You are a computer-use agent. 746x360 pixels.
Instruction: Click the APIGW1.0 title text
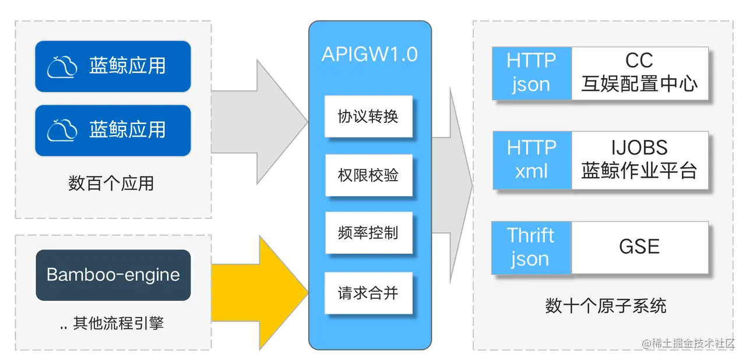click(370, 54)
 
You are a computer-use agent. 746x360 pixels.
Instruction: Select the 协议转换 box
click(368, 117)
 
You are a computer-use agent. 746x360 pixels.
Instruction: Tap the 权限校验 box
click(368, 175)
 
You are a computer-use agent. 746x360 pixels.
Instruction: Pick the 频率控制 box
click(368, 233)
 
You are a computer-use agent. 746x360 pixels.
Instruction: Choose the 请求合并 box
click(368, 292)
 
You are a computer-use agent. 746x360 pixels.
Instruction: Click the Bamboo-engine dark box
click(113, 275)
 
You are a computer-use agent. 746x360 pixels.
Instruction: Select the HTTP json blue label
click(532, 73)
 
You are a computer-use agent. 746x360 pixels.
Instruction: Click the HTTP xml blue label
click(532, 160)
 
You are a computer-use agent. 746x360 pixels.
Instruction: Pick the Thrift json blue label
click(531, 248)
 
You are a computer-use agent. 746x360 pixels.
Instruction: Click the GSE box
click(639, 247)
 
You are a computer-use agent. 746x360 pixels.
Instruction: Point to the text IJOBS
click(639, 148)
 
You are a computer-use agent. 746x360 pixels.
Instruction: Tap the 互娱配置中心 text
click(639, 84)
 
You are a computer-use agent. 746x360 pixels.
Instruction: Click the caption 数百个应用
click(111, 183)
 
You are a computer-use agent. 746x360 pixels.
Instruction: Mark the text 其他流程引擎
click(118, 324)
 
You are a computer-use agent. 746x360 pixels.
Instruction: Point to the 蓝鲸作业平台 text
click(639, 171)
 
